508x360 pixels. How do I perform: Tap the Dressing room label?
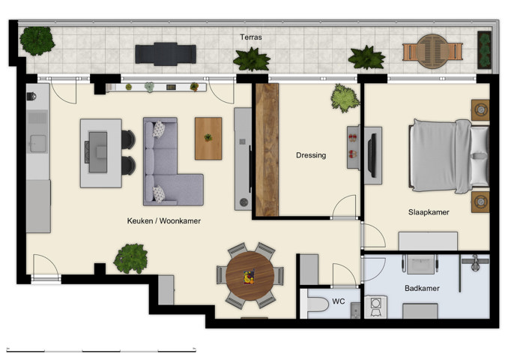pyautogui.click(x=311, y=155)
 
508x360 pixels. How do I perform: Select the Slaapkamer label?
pyautogui.click(x=429, y=212)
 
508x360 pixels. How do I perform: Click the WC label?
pyautogui.click(x=338, y=301)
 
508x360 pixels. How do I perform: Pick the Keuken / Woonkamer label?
pyautogui.click(x=164, y=221)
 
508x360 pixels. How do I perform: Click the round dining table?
pyautogui.click(x=250, y=276)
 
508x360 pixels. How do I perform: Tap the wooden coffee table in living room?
pyautogui.click(x=208, y=138)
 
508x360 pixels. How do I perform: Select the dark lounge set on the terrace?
pyautogui.click(x=166, y=53)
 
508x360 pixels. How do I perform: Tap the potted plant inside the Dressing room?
pyautogui.click(x=345, y=97)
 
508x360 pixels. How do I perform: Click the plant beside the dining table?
pyautogui.click(x=130, y=258)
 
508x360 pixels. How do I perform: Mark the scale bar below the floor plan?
pyautogui.click(x=101, y=349)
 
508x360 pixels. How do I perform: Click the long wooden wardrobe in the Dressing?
pyautogui.click(x=266, y=150)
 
